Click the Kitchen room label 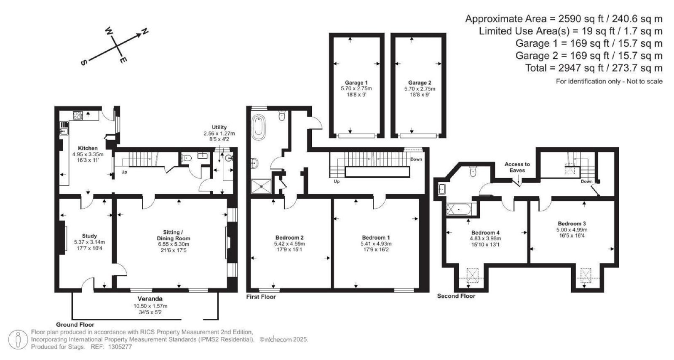pyautogui.click(x=88, y=148)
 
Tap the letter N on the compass pyautogui.click(x=145, y=31)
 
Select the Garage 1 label pyautogui.click(x=356, y=83)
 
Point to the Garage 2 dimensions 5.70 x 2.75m pyautogui.click(x=420, y=89)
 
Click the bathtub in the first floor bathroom pyautogui.click(x=259, y=127)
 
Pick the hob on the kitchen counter pyautogui.click(x=78, y=116)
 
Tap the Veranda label pyautogui.click(x=150, y=299)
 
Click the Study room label pyautogui.click(x=89, y=236)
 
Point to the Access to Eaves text pyautogui.click(x=517, y=167)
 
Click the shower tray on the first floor pyautogui.click(x=261, y=187)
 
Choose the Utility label pyautogui.click(x=219, y=127)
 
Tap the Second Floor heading pyautogui.click(x=456, y=296)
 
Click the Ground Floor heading pyautogui.click(x=75, y=325)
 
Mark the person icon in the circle pyautogui.click(x=18, y=339)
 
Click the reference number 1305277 pyautogui.click(x=120, y=347)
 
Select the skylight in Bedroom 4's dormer pyautogui.click(x=472, y=275)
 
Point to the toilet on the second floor pyautogui.click(x=473, y=172)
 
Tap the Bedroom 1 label pyautogui.click(x=376, y=237)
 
